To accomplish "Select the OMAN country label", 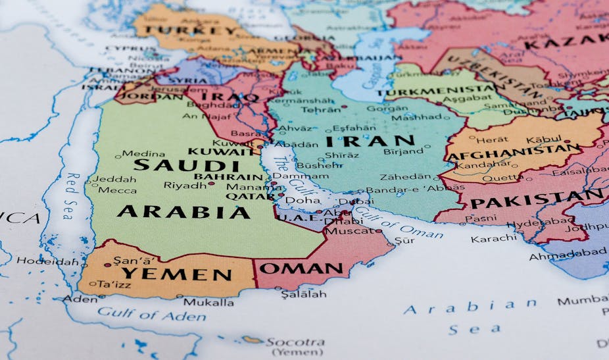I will tap(301, 269).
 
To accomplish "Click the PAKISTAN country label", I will tap(537, 199).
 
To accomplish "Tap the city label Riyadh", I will tap(184, 186).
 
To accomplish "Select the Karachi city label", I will tap(489, 238).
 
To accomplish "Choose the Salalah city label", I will tap(303, 294).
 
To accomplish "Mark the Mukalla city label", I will tap(208, 302).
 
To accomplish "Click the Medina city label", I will tap(143, 153).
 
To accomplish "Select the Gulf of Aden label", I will tap(151, 314).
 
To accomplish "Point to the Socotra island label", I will tap(295, 342).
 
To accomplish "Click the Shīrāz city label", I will tap(342, 155).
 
